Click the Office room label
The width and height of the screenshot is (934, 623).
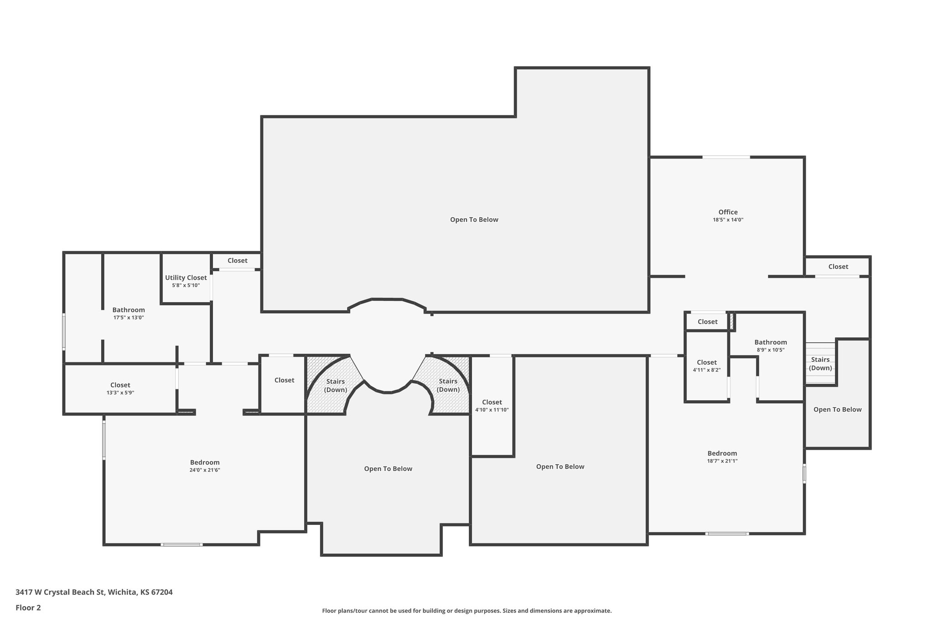[x=728, y=212]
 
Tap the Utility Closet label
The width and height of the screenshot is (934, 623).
[x=186, y=277]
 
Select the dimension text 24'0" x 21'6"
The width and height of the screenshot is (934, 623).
[x=205, y=470]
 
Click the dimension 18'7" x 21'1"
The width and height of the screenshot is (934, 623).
[x=722, y=461]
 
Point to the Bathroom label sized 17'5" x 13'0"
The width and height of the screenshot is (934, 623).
[x=129, y=310]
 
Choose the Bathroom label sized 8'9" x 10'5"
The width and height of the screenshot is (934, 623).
[x=770, y=342]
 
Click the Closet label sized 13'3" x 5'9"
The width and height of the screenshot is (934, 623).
[x=120, y=385]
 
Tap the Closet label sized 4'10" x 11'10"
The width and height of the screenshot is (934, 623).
[x=492, y=402]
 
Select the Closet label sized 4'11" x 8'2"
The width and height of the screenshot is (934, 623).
[x=706, y=362]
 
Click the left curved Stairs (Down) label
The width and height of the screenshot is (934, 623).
[x=335, y=386]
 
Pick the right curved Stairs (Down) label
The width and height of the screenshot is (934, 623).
[x=448, y=385]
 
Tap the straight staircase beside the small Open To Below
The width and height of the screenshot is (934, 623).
[x=820, y=364]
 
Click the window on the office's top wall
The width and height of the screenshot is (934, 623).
[x=726, y=157]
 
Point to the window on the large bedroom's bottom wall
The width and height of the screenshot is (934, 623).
[x=182, y=544]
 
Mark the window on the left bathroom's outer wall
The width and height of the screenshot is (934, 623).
[x=64, y=331]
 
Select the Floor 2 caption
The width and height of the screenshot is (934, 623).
[x=28, y=607]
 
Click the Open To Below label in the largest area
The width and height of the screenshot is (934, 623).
[x=474, y=220]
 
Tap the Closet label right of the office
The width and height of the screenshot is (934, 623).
[x=838, y=267]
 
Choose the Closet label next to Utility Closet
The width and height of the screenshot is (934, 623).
[x=237, y=261]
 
